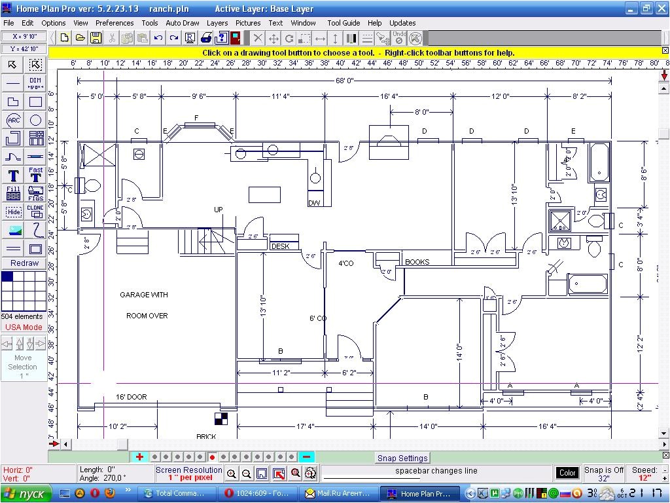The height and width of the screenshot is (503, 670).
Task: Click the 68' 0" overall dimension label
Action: pos(344,81)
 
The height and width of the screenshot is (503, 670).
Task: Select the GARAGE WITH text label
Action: pos(143,295)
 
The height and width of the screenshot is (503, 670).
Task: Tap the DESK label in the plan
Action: pos(280,247)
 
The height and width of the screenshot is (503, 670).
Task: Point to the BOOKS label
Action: pos(417,262)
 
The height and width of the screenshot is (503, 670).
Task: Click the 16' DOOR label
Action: pos(131,397)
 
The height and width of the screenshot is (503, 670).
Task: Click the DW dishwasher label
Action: pos(314,203)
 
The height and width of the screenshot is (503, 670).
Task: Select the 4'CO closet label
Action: pos(345,263)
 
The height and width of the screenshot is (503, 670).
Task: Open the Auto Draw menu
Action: pos(183,23)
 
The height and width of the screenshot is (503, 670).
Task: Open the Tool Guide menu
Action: pos(344,23)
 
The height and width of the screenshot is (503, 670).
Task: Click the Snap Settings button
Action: pos(402,458)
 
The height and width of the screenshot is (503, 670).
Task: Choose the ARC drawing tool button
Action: pos(13,120)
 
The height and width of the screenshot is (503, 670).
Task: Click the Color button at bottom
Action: pos(567,473)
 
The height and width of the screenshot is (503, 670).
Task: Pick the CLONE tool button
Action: pos(35,211)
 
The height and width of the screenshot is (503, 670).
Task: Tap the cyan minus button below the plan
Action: pos(307,457)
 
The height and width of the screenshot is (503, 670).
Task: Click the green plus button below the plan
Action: pos(139,457)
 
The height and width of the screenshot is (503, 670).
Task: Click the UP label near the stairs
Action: pos(219,210)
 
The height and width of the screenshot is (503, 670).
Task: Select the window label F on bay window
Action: pos(196,118)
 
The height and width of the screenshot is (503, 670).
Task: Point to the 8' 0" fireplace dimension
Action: pos(422,112)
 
